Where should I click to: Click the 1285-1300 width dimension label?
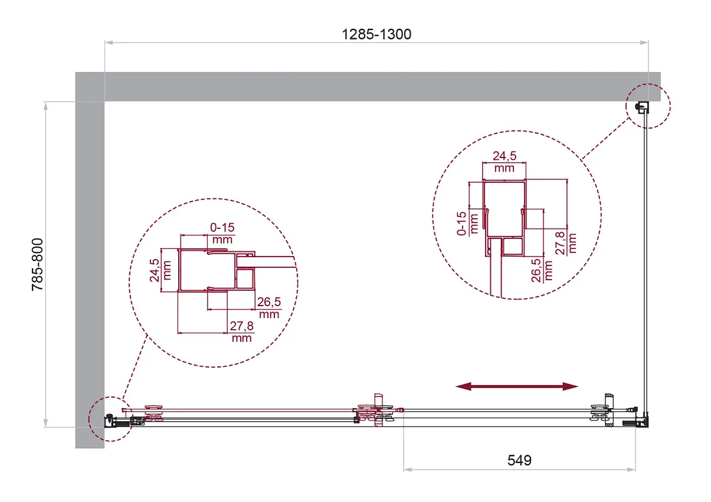[376, 34]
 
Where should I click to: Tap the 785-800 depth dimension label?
[37, 264]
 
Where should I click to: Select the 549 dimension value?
[519, 460]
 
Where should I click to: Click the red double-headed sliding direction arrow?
[517, 386]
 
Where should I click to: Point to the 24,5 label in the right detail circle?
[504, 156]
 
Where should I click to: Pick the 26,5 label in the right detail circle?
[536, 270]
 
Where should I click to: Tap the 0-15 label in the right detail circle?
[461, 224]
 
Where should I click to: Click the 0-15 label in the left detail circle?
[222, 228]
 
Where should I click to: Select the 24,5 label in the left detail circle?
[155, 270]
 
